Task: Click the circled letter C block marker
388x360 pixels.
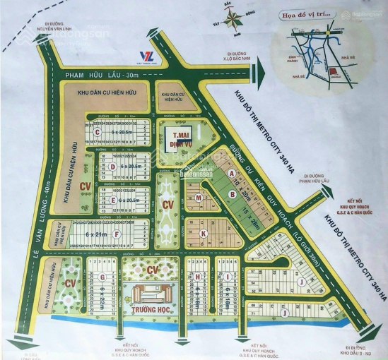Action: point(97,131)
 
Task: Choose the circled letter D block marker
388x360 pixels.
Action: point(112,166)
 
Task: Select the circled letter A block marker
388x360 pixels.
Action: point(232,173)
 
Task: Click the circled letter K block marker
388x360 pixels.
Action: point(203,232)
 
